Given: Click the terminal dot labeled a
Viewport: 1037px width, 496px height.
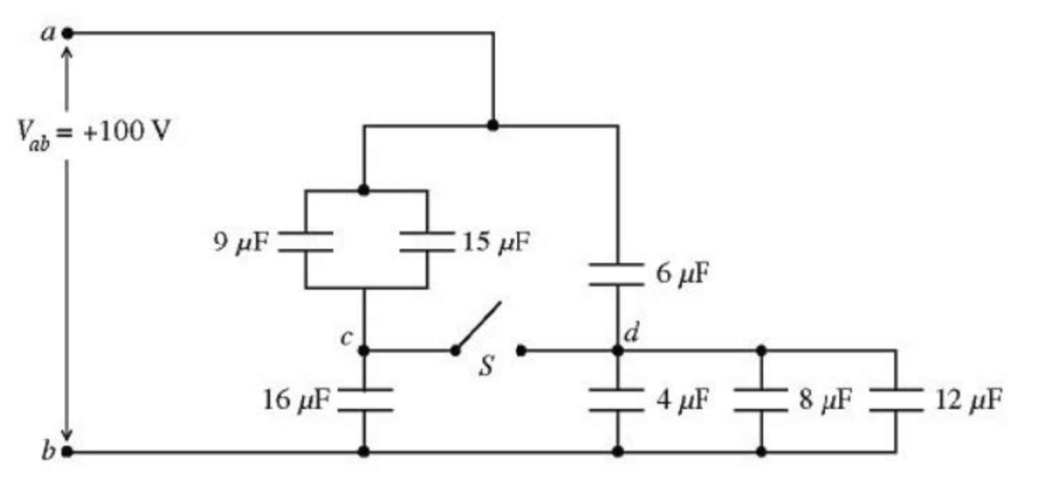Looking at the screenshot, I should coord(68,33).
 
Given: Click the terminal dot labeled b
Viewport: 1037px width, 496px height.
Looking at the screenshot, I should coord(68,452).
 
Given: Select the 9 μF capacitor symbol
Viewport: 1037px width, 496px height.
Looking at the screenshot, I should coord(306,241).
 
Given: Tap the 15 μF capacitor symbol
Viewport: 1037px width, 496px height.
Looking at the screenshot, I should coord(427,241).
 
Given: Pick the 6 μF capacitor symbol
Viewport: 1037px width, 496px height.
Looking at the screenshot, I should coord(617,274).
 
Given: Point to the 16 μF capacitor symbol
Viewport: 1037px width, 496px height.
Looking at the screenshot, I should coord(364,400).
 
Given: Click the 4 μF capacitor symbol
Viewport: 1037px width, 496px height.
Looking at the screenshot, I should coord(617,400).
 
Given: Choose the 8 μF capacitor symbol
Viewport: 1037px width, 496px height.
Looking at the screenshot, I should coord(761,400).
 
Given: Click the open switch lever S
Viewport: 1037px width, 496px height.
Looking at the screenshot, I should coord(479,325).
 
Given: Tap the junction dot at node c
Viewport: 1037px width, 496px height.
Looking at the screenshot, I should coord(364,350).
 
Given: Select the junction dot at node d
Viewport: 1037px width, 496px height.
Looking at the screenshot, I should coord(618,350).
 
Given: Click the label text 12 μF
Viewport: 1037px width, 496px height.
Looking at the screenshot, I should coord(969,400).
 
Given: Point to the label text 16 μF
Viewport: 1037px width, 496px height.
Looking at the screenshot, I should coord(296,400).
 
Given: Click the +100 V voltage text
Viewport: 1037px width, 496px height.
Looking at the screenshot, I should coord(126,131).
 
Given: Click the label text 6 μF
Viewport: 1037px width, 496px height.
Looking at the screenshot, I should coord(682,274).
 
